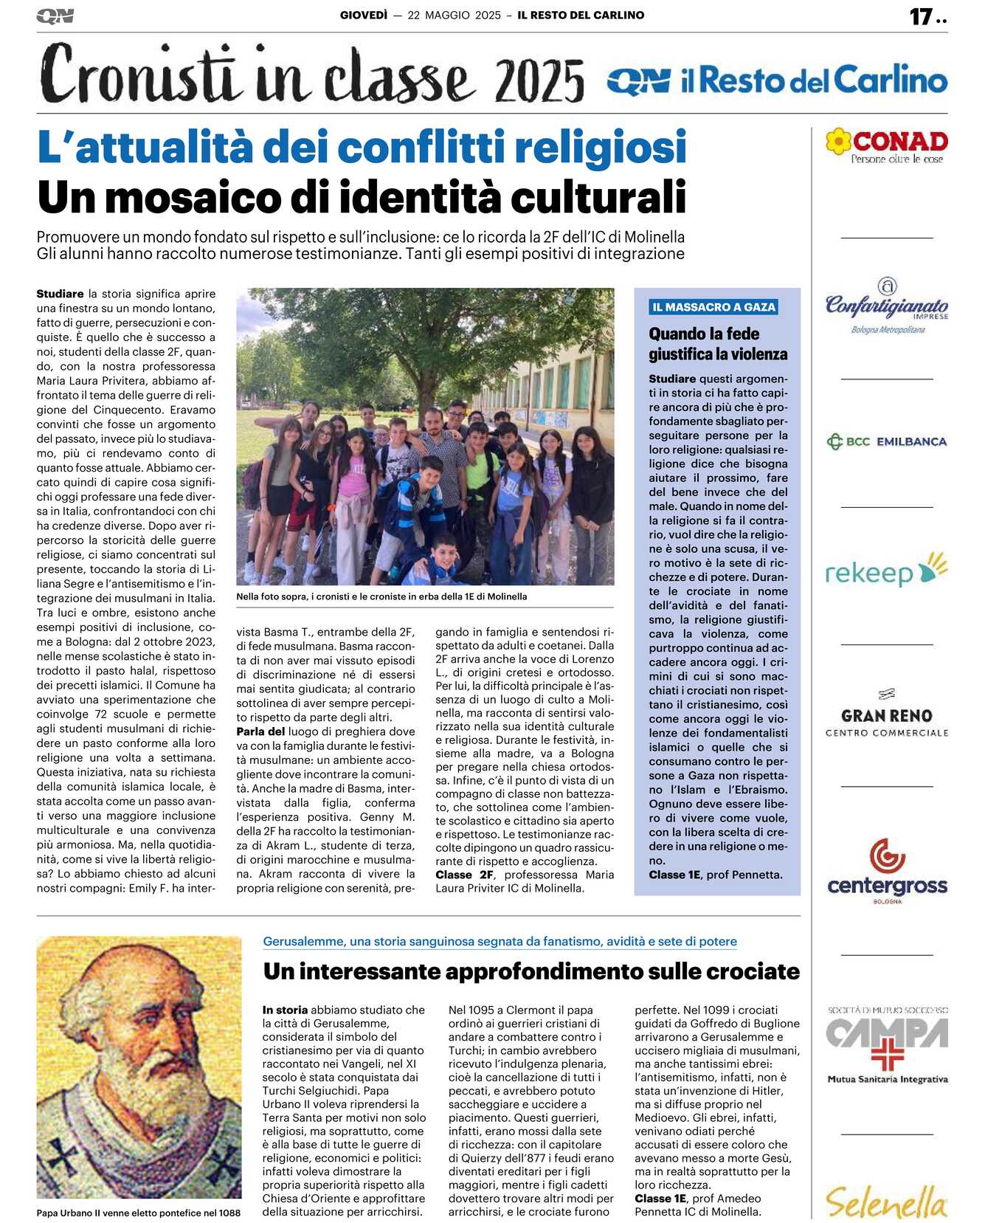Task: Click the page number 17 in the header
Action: (921, 16)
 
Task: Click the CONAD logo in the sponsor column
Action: (887, 145)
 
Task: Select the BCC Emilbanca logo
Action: (887, 442)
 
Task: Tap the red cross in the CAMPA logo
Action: (887, 1055)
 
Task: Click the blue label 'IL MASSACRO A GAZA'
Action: (713, 307)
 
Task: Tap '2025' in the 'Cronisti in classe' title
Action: (539, 80)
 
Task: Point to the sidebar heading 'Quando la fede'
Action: (704, 334)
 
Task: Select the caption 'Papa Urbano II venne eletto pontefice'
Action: (138, 1213)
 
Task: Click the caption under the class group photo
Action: (381, 596)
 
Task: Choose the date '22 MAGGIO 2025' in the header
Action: (454, 15)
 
